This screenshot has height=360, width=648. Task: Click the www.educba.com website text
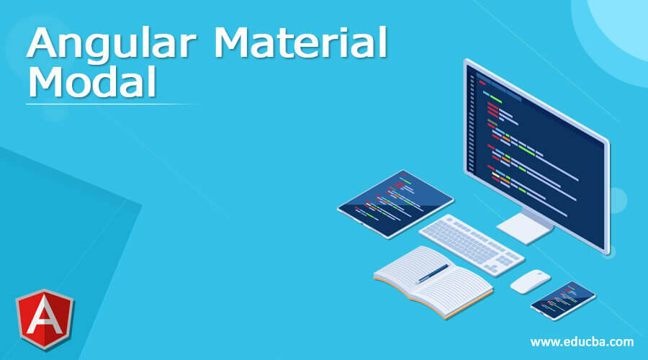582,341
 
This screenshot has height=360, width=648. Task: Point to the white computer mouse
530,281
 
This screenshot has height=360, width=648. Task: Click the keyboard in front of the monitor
472,243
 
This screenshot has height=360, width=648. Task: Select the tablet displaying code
395,204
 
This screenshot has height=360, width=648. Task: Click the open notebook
432,281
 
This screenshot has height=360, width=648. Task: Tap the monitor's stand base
525,229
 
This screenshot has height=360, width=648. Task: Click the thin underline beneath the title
108,104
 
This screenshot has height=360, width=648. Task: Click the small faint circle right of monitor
616,198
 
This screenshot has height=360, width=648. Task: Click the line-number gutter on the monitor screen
472,115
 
